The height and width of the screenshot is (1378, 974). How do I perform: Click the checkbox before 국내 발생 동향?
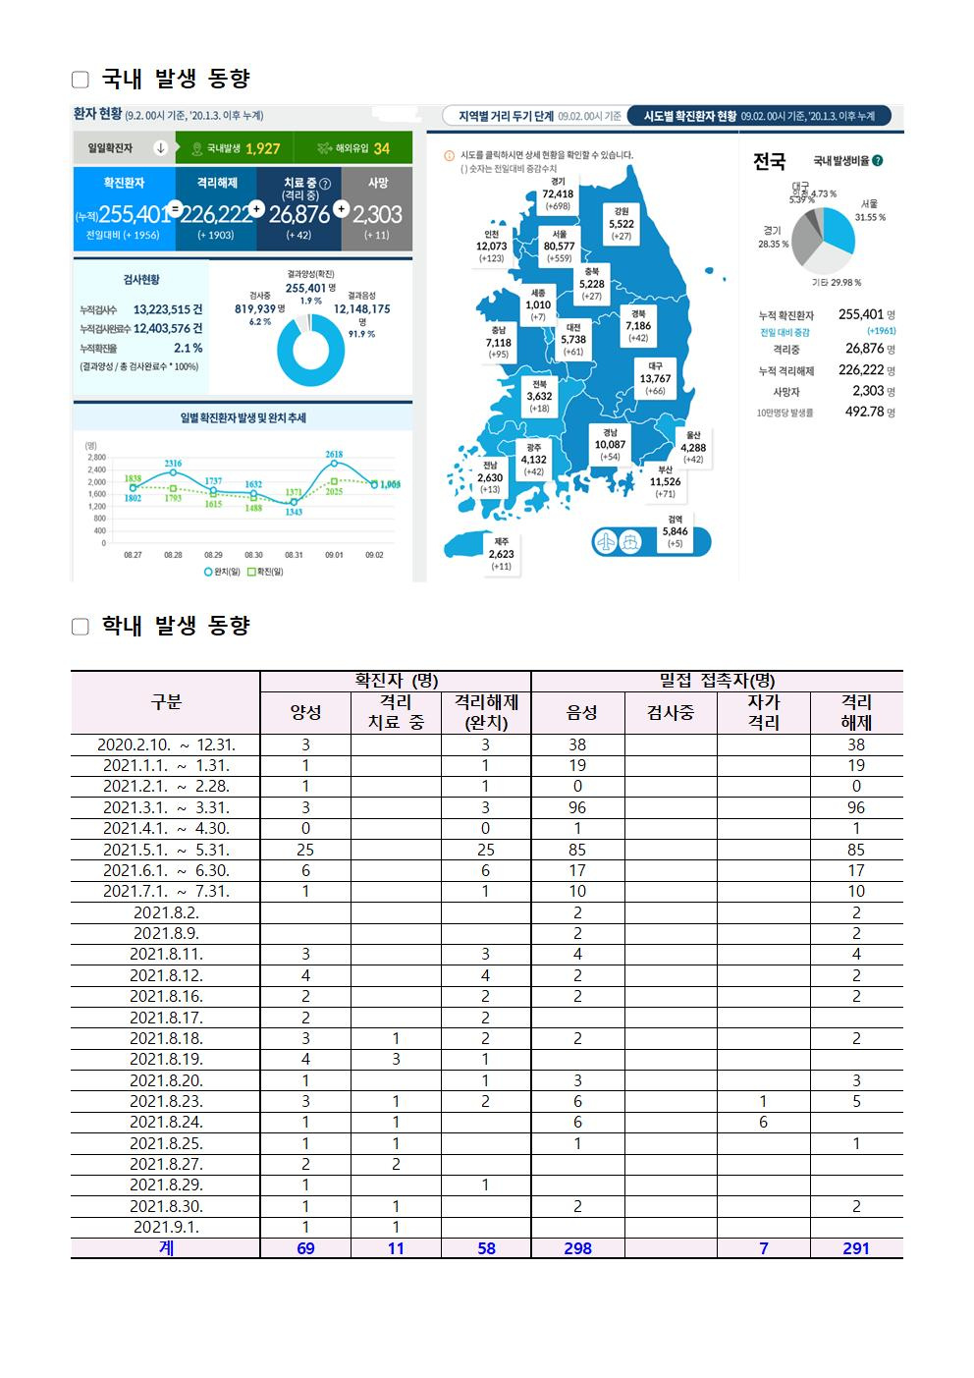point(81,80)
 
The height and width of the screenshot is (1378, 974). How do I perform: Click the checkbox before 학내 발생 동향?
point(81,627)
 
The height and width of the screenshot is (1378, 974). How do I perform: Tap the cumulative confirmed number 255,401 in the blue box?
point(135,214)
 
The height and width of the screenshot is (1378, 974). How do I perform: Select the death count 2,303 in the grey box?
point(377,214)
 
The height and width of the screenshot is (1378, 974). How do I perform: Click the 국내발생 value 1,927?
point(262,148)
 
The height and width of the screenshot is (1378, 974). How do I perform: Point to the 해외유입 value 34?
point(381,148)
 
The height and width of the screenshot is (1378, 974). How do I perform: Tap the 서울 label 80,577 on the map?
point(560,247)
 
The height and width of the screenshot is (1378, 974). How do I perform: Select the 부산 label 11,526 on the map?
point(665,481)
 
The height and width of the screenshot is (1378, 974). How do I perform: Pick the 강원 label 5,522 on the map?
point(621,224)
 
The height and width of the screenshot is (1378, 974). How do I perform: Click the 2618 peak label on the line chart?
point(334,455)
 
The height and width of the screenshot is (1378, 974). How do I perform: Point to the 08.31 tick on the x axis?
point(294,555)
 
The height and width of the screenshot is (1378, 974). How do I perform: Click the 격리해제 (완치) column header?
point(485,712)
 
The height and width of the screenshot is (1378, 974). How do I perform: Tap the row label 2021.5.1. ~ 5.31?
point(166,850)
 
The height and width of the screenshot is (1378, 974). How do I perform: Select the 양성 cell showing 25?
point(305,850)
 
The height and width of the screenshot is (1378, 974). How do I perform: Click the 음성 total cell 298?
point(577,1248)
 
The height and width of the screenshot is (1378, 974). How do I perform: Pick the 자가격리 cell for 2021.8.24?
point(763,1122)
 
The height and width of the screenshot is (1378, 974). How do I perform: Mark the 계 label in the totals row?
point(166,1248)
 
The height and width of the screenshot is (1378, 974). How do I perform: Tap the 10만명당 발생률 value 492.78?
point(864,412)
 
